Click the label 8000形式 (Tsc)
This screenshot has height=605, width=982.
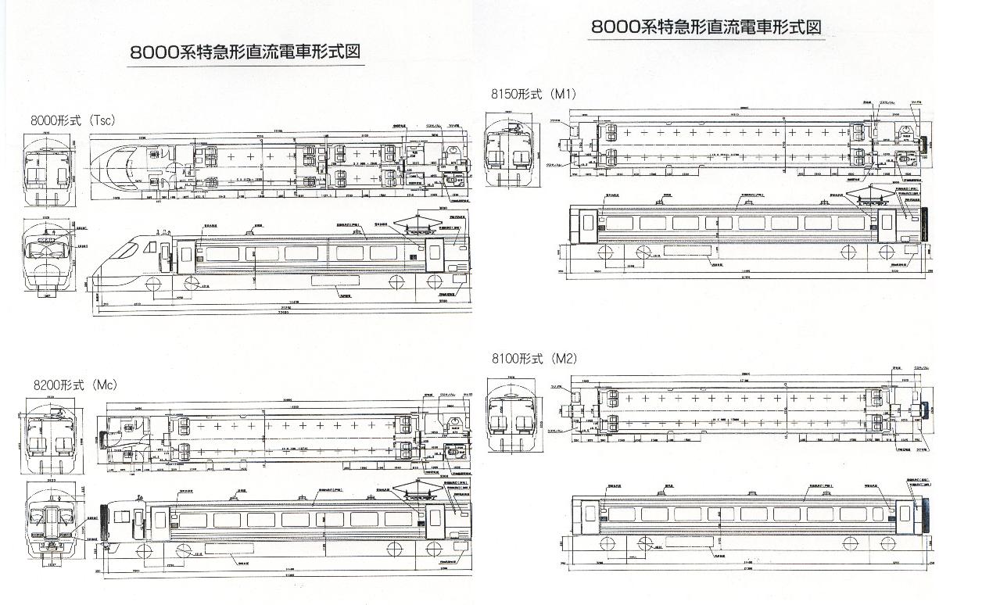(73, 120)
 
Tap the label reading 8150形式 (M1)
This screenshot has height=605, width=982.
(533, 94)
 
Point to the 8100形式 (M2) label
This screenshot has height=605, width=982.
(534, 359)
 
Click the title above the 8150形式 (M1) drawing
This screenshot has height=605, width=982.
(706, 27)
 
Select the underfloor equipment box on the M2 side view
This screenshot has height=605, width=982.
(688, 542)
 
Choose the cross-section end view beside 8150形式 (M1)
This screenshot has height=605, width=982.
(508, 149)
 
